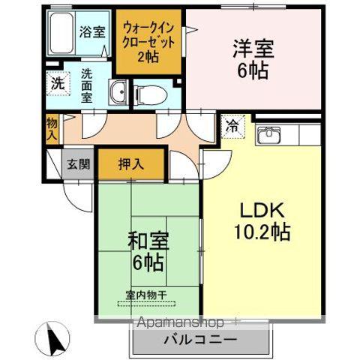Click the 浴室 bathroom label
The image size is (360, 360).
[91, 33]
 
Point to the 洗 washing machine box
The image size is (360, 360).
[58, 84]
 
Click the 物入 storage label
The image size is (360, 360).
[51, 128]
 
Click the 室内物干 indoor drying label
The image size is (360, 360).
[145, 297]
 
